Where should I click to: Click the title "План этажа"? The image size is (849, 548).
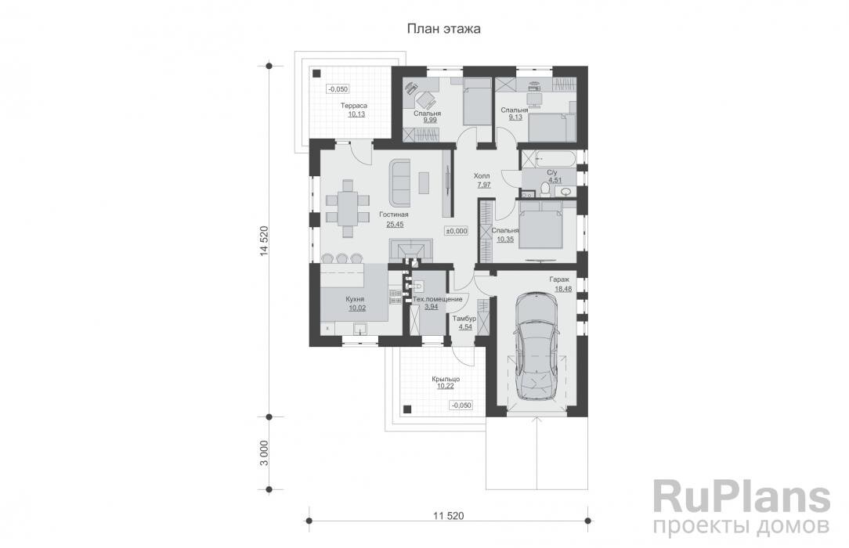pyautogui.click(x=443, y=28)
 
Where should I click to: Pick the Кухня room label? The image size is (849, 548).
pyautogui.click(x=357, y=299)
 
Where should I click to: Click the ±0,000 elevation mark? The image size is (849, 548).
pyautogui.click(x=456, y=231)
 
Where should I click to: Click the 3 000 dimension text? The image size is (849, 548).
pyautogui.click(x=265, y=452)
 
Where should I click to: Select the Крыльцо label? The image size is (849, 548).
pyautogui.click(x=445, y=379)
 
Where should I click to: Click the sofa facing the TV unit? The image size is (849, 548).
pyautogui.click(x=400, y=181)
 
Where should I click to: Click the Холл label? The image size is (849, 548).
pyautogui.click(x=482, y=177)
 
